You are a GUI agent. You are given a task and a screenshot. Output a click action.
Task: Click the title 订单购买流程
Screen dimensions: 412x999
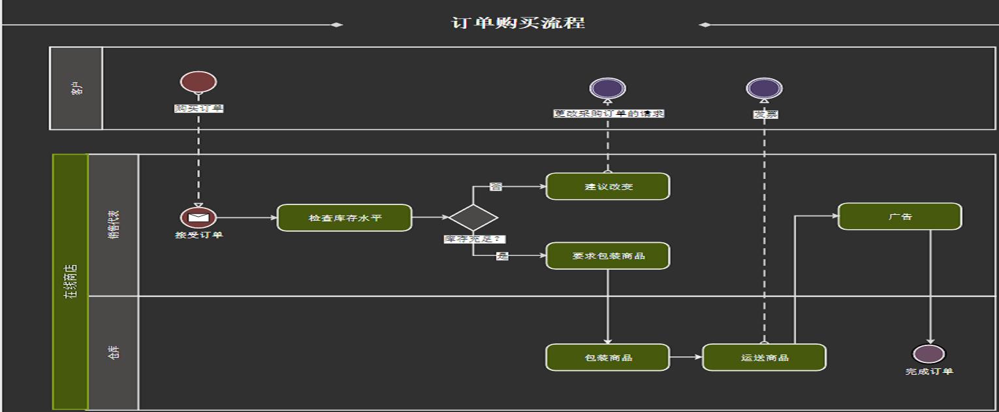click(518, 24)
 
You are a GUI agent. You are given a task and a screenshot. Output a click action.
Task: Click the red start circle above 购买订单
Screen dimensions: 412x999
click(198, 82)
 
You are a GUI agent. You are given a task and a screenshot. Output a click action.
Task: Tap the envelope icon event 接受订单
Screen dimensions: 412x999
click(198, 217)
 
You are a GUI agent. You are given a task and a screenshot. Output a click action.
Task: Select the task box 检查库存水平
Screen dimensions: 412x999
click(345, 217)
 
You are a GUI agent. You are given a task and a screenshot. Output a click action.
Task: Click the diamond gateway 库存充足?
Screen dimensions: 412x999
click(473, 217)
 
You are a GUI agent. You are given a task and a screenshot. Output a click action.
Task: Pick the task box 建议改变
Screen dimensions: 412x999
click(608, 187)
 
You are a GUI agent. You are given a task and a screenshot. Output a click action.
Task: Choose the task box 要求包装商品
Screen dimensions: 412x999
click(608, 255)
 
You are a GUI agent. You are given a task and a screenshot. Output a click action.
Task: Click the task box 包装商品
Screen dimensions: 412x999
click(608, 358)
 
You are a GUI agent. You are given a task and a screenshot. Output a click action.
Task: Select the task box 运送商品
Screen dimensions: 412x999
click(764, 358)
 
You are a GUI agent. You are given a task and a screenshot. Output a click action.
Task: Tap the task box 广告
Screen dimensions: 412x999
click(900, 216)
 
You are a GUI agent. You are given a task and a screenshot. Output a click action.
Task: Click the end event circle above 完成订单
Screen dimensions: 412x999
click(928, 354)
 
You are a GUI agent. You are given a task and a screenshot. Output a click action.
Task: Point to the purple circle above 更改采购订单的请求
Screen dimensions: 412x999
click(608, 88)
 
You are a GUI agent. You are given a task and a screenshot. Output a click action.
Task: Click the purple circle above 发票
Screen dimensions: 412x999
click(764, 88)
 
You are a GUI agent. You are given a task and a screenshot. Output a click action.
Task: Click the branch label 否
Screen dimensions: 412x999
click(496, 187)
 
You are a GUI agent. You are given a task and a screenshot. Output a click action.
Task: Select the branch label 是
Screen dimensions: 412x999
click(501, 256)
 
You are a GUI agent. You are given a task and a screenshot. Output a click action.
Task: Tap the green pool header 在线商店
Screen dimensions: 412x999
click(70, 281)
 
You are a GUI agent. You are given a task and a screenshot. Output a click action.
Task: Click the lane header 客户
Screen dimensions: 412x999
click(76, 88)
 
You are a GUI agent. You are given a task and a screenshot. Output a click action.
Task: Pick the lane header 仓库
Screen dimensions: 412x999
click(114, 353)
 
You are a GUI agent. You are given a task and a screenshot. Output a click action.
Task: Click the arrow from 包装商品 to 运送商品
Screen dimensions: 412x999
click(686, 357)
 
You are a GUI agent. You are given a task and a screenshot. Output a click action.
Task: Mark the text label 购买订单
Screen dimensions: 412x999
click(198, 108)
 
